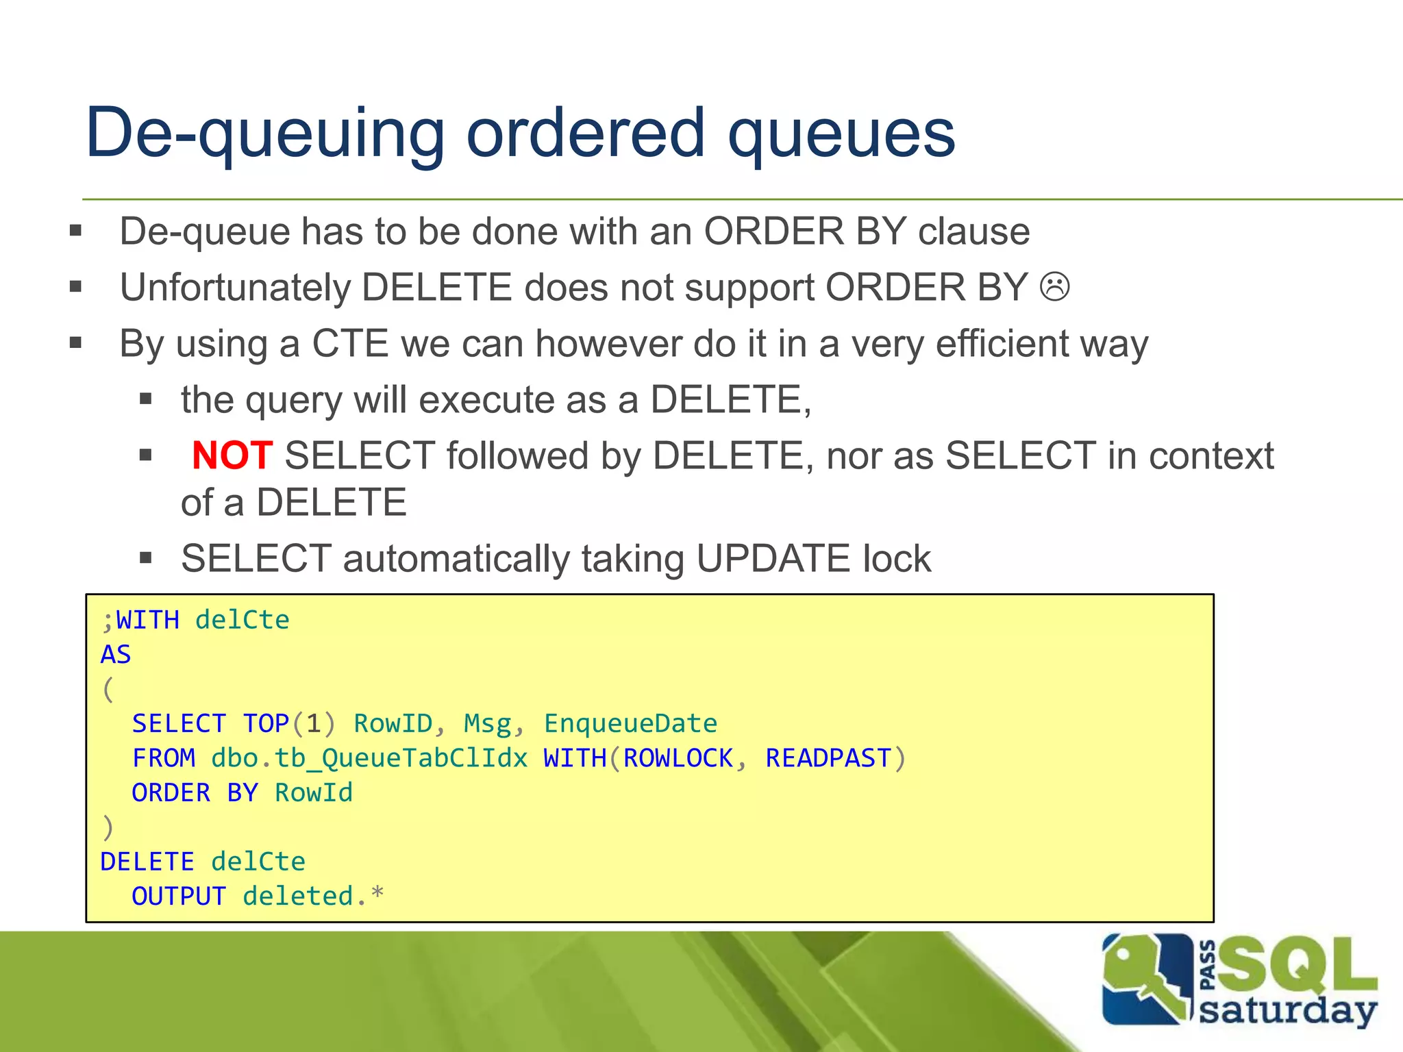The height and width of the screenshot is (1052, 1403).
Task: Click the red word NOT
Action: click(x=232, y=455)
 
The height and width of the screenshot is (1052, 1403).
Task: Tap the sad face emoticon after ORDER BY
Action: click(x=1054, y=287)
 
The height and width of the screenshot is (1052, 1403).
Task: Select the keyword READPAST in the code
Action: click(x=828, y=758)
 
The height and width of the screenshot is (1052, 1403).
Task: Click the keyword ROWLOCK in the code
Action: click(x=678, y=758)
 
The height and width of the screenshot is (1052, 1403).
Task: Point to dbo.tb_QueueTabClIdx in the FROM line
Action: click(x=369, y=758)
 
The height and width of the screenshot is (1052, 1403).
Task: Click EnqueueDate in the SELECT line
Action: click(x=630, y=724)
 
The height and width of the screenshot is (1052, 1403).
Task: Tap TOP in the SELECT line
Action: click(x=266, y=724)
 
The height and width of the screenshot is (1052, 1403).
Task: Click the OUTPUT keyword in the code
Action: click(x=179, y=896)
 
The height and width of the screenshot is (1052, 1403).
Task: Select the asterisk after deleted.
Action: click(x=377, y=893)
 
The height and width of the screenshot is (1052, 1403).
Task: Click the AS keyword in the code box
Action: click(x=116, y=655)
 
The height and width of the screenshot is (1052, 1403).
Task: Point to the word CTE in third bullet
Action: click(x=350, y=344)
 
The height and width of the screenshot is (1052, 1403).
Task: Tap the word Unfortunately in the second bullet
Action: click(x=234, y=288)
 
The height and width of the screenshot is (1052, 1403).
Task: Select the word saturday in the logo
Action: click(x=1287, y=1010)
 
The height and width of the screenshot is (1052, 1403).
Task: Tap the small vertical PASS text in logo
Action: click(x=1208, y=966)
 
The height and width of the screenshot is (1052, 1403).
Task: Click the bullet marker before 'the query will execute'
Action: click(x=145, y=399)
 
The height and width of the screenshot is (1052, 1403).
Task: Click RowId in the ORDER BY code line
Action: click(x=314, y=793)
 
